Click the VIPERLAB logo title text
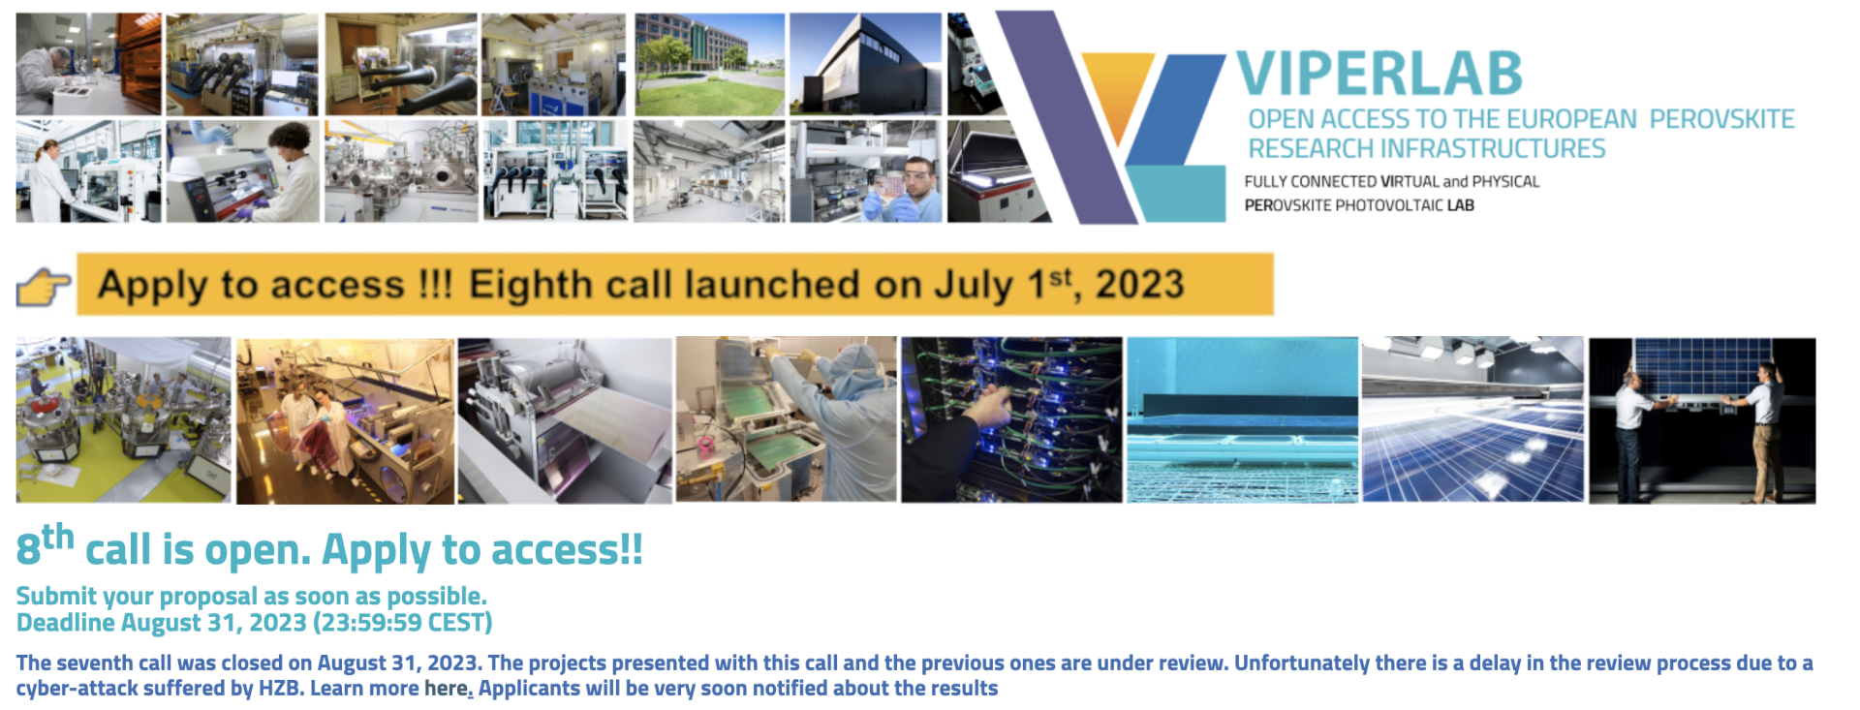coord(1379,74)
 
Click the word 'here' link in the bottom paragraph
coord(446,689)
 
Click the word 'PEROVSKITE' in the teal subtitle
coord(1721,119)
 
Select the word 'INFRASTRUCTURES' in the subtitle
coord(1493,148)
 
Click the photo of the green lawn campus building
coord(709,64)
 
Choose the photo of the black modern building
coord(865,64)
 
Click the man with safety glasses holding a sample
coord(865,171)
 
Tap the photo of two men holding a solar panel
coord(1702,420)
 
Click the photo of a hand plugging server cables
coord(1011,419)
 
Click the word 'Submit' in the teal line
coord(56,597)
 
